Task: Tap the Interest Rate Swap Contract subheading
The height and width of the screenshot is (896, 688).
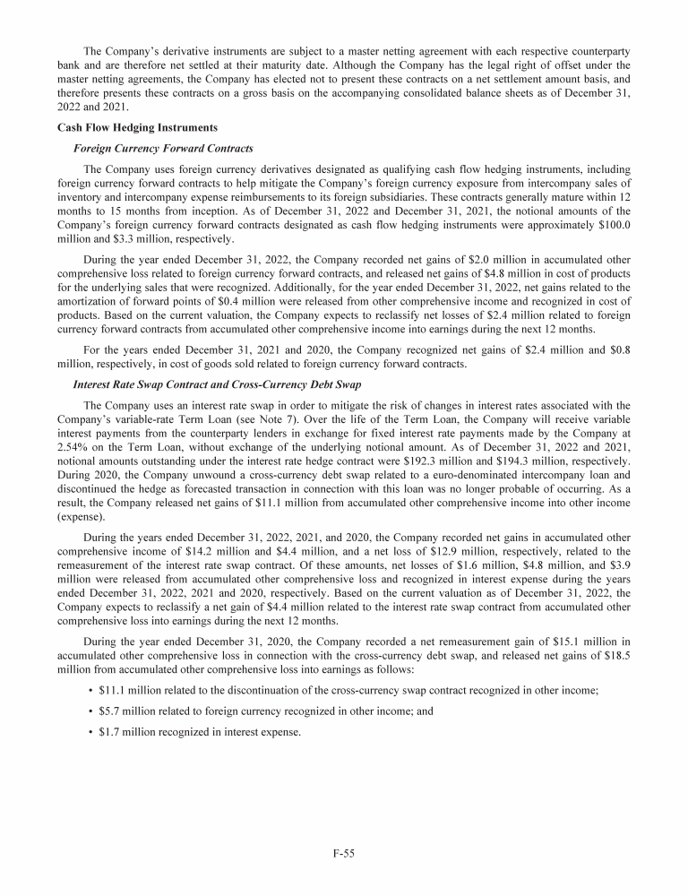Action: [x=217, y=384]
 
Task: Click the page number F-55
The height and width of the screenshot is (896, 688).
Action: [x=344, y=854]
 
